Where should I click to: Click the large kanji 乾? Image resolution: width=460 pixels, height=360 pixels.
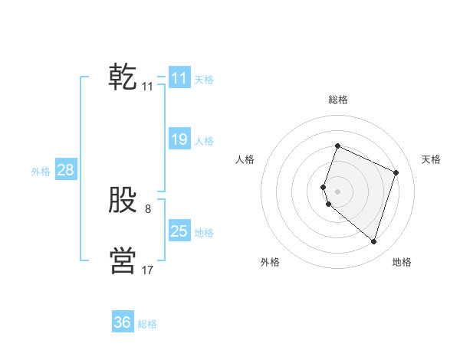tap(123, 77)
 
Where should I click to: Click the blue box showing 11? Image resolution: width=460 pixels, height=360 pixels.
tap(179, 77)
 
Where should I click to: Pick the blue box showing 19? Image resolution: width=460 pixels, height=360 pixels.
tap(179, 139)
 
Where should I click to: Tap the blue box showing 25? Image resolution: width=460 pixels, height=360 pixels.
tap(179, 231)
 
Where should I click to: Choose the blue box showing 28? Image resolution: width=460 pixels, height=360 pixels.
tap(65, 170)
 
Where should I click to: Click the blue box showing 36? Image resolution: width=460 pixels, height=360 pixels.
tap(123, 322)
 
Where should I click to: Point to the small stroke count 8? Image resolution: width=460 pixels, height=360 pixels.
tap(148, 208)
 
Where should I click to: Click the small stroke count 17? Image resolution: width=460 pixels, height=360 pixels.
tap(148, 270)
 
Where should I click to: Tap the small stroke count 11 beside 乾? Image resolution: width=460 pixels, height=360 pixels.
tap(148, 86)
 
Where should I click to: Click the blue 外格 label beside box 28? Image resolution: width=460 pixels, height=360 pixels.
tap(41, 172)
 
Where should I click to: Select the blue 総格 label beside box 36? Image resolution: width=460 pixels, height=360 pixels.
tap(147, 324)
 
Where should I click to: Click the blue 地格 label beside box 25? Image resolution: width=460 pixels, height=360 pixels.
tap(204, 232)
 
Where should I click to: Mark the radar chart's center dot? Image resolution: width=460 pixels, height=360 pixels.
tap(337, 191)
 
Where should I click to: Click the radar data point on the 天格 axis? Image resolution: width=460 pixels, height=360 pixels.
tap(396, 172)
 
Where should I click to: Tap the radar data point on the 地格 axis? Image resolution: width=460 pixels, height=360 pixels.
tap(373, 241)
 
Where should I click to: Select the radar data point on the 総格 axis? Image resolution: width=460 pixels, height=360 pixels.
tap(337, 146)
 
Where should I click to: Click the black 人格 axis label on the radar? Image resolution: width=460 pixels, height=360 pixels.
tap(245, 159)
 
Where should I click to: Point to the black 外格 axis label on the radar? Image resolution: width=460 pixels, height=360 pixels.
tap(270, 262)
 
